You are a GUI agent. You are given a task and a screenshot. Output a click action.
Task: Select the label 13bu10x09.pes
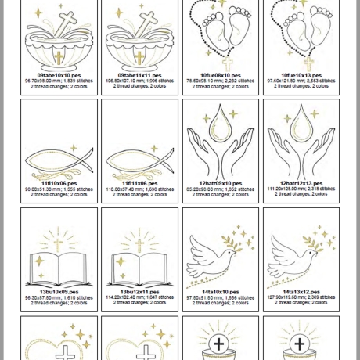(x=59, y=293)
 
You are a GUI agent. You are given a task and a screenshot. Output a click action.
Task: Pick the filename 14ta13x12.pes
(x=301, y=293)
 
